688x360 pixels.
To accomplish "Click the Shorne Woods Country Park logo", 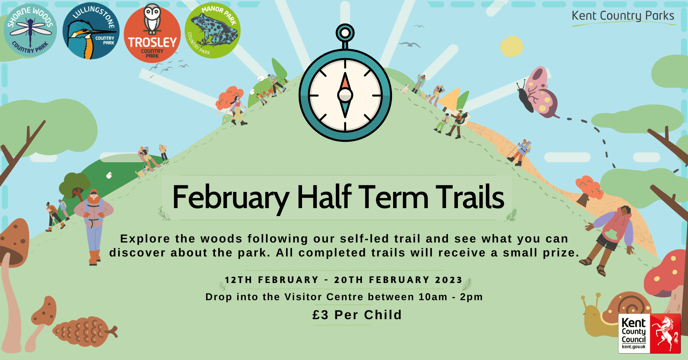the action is click(x=30, y=30).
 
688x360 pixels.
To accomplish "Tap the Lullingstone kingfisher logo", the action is click(x=91, y=32).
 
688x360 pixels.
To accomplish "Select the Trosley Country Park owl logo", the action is click(x=152, y=33).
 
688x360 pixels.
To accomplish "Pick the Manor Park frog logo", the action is click(x=212, y=30).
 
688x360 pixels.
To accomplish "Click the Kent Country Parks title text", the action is click(x=623, y=16).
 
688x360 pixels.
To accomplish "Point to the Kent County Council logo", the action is click(x=649, y=333).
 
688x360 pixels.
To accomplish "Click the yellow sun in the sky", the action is click(x=511, y=47).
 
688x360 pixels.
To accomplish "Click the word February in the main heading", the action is click(x=230, y=198).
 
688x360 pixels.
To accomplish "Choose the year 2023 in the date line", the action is click(x=449, y=280).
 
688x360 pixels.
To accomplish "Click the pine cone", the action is click(x=85, y=331).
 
